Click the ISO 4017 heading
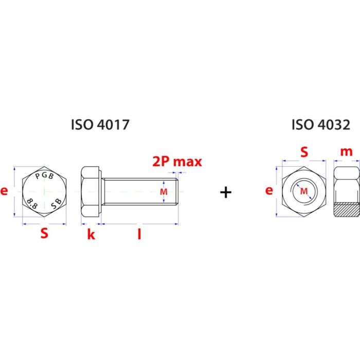coord(100,124)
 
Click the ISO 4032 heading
coord(321,124)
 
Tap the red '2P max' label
coord(177,161)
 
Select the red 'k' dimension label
coord(91,235)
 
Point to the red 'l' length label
coord(139,234)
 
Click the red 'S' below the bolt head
coord(44,233)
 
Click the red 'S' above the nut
coord(304,152)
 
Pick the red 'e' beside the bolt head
coord(4,191)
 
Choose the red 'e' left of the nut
coord(269,191)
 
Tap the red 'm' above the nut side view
coord(346,152)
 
